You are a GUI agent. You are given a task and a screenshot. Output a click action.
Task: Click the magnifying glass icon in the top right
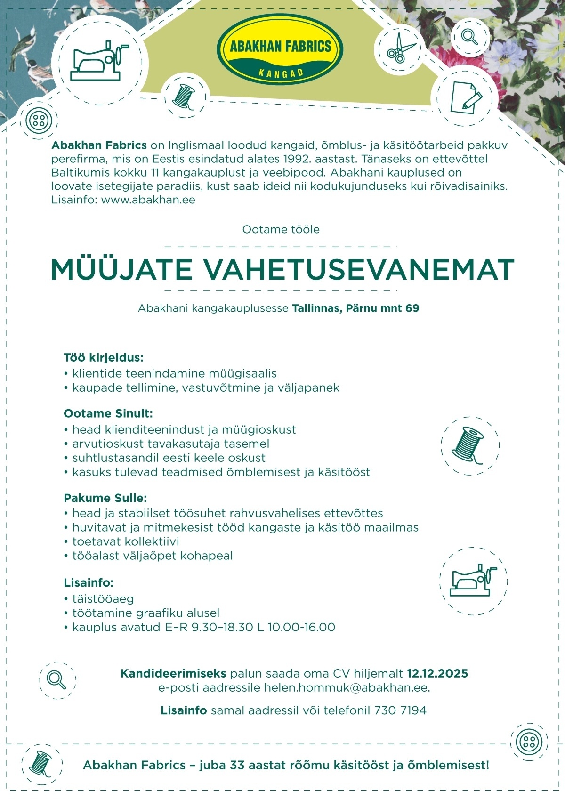469,36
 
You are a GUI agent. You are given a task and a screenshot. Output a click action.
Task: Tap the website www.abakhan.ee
148,200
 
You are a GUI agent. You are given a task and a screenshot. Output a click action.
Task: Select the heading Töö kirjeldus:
103,357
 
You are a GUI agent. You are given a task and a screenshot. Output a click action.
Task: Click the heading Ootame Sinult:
108,413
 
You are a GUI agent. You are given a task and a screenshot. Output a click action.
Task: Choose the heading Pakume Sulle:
105,498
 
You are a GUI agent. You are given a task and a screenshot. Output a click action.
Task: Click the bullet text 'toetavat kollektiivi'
125,541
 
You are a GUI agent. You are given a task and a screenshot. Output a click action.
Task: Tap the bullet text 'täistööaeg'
103,599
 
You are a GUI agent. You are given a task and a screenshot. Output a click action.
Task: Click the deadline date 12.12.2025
437,673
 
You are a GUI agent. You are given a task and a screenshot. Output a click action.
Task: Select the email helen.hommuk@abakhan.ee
347,687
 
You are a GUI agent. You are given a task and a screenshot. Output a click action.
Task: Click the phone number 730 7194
400,710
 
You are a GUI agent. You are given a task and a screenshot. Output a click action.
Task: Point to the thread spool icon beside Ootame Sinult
469,445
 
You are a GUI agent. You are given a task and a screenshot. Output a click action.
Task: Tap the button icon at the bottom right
529,742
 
